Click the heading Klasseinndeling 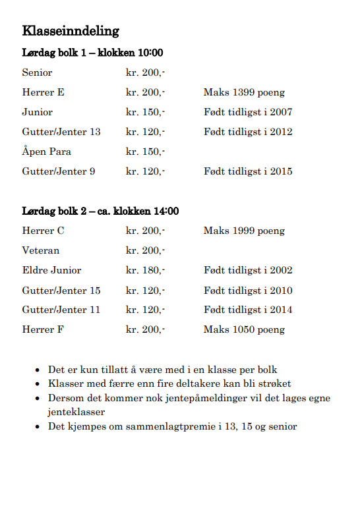point(71,30)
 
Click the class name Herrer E point(43,92)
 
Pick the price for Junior point(145,112)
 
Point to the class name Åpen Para point(46,152)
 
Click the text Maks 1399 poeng point(244,92)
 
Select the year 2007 point(280,112)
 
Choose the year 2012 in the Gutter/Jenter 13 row point(280,132)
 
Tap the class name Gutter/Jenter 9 point(58,171)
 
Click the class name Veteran point(40,250)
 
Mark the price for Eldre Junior point(145,270)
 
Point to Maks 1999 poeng point(244,231)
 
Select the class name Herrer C point(43,231)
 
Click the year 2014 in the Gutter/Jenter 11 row point(280,310)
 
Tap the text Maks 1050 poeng point(244,329)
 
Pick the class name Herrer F point(43,329)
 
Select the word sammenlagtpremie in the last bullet point(167,426)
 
